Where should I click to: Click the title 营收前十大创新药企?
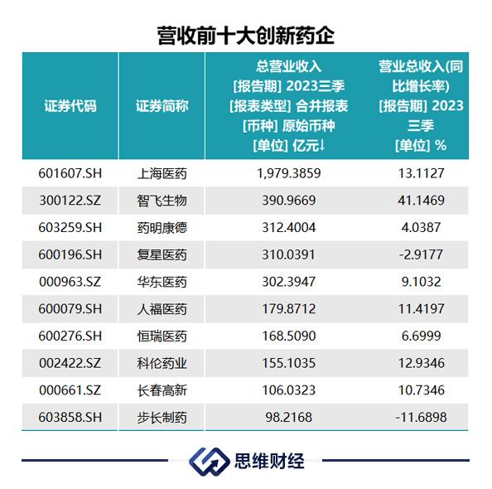pos(246,36)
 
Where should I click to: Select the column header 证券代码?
pos(70,106)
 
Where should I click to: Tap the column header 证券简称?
pos(162,106)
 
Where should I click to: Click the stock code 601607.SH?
pos(70,173)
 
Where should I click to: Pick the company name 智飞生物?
pos(162,201)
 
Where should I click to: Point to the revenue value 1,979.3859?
pos(289,173)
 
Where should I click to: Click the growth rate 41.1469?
pos(421,201)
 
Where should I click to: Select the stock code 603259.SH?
pos(70,228)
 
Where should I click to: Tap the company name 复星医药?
pos(162,255)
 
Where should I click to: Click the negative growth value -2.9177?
pos(421,254)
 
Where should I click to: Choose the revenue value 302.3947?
pos(289,282)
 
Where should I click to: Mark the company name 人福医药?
pos(162,309)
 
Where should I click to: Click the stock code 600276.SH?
pos(70,336)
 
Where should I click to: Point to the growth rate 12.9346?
pos(421,363)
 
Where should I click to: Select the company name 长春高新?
pos(162,390)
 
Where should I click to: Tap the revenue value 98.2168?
pos(289,418)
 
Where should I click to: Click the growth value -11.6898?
pos(421,418)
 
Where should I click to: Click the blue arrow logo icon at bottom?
pos(209,462)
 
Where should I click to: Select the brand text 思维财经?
pos(269,462)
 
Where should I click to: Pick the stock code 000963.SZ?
pos(70,282)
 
